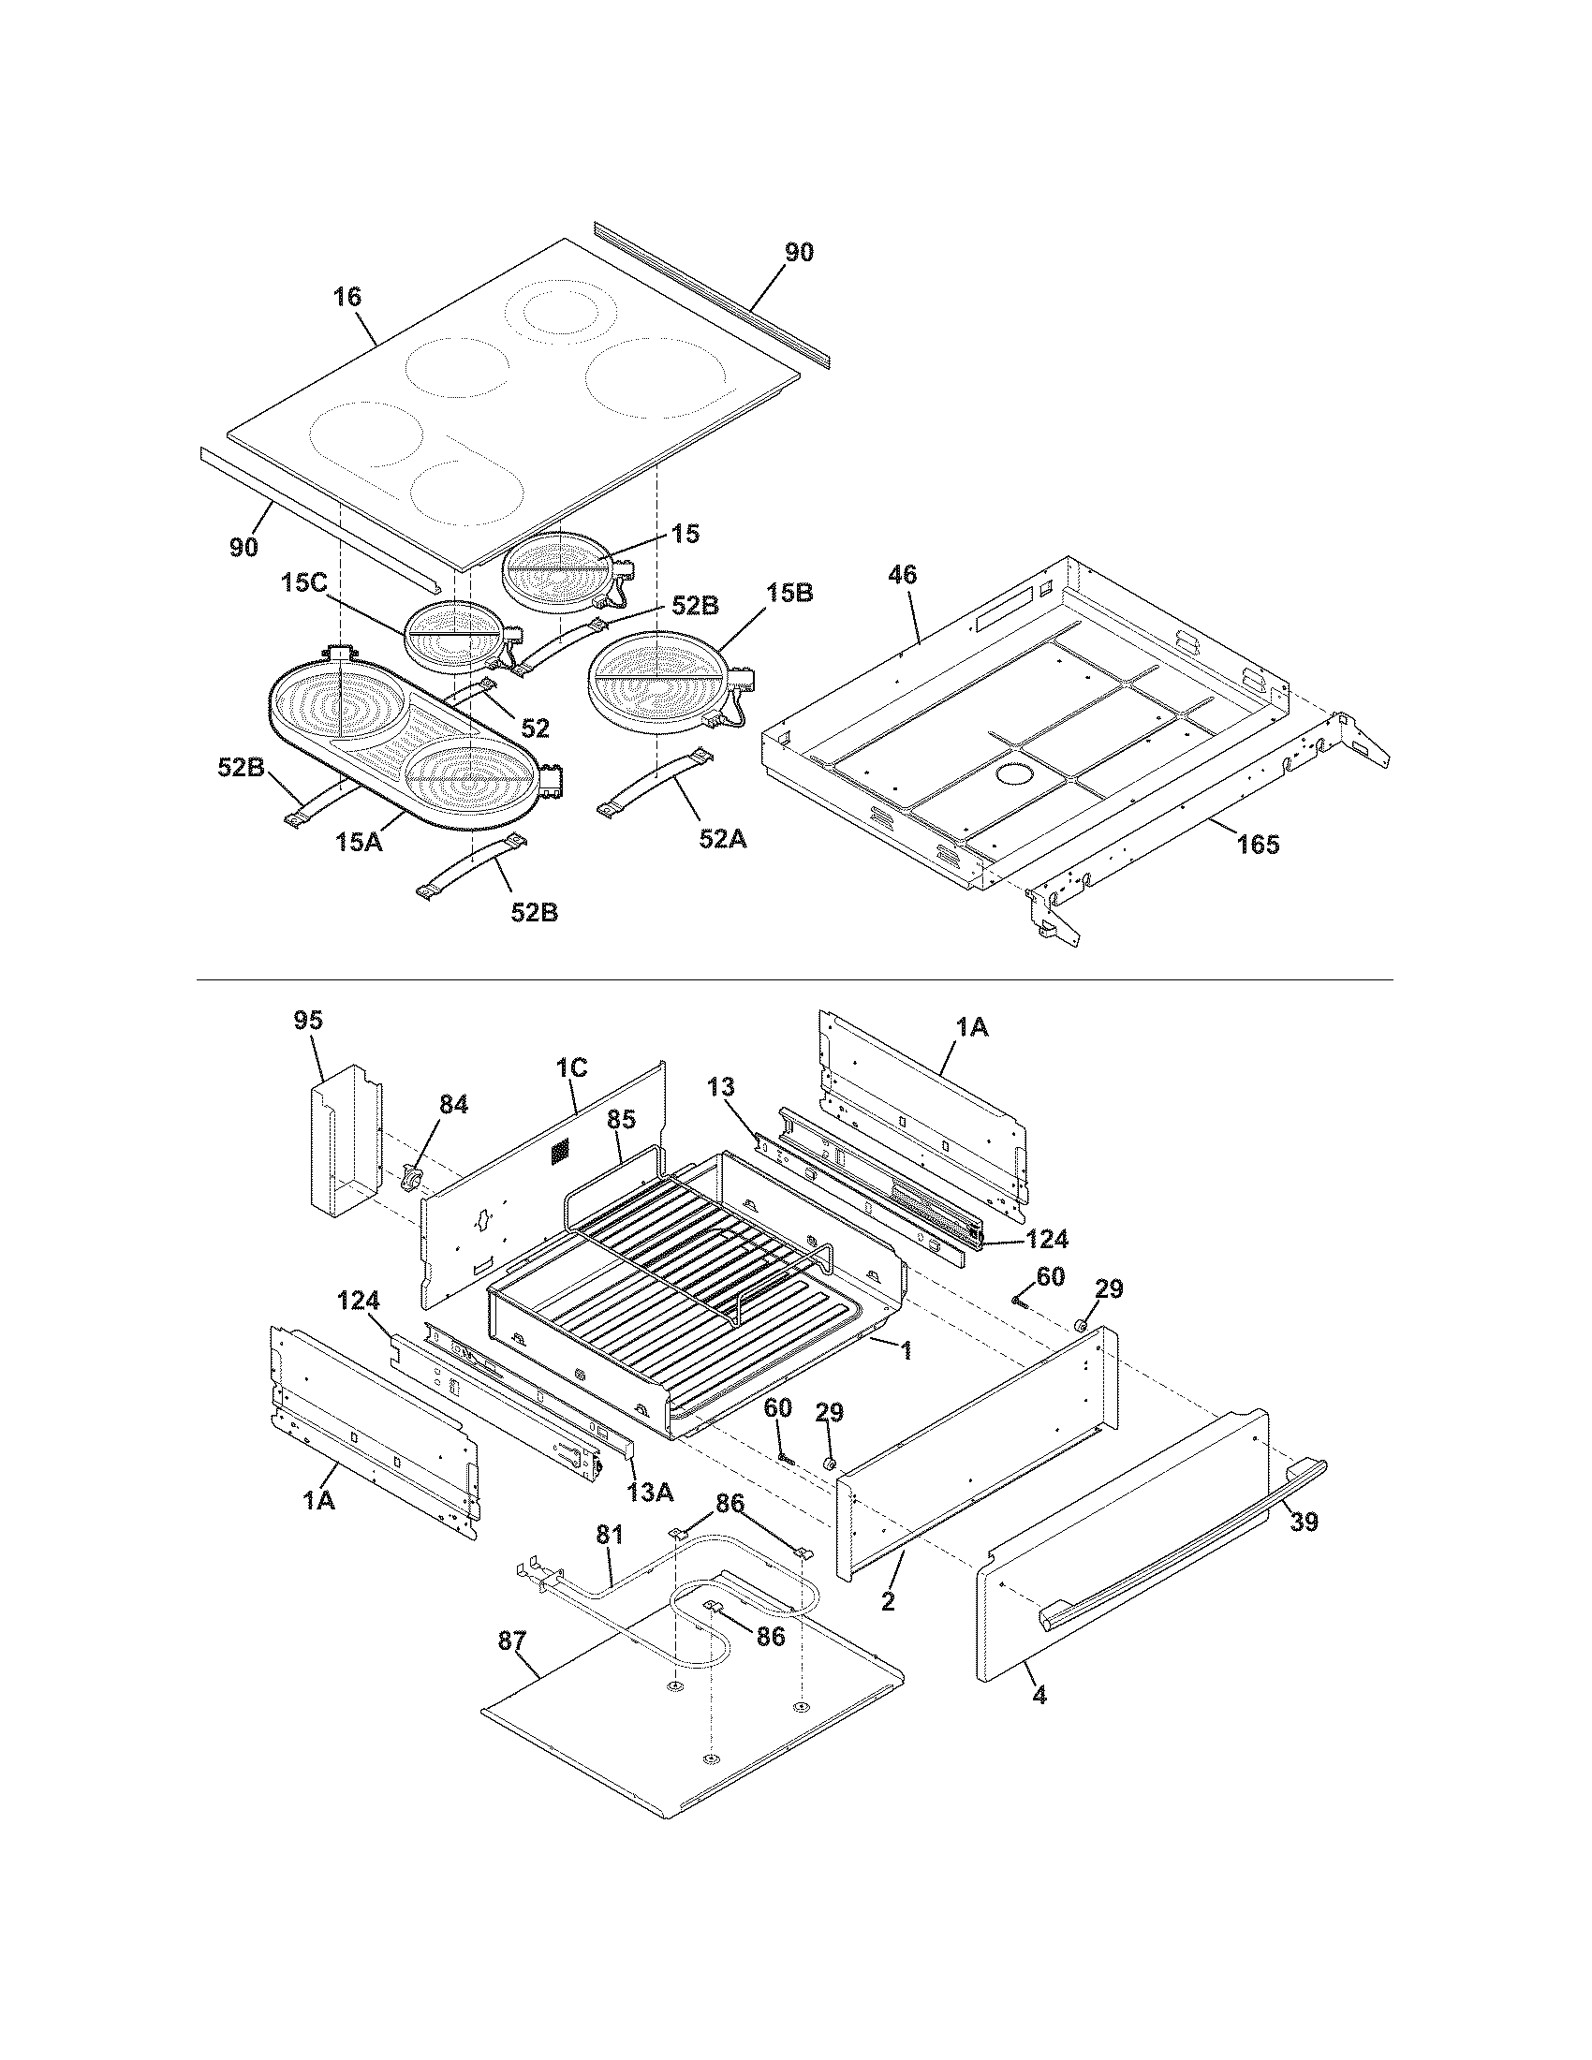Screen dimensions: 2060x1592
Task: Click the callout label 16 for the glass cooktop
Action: [347, 297]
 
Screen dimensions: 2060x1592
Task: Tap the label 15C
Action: [302, 583]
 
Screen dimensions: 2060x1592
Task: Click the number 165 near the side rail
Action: [1258, 846]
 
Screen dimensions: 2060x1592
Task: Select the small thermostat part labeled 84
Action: [412, 1177]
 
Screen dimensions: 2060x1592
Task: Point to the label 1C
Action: [571, 1067]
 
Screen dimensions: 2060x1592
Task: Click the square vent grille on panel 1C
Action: [560, 1150]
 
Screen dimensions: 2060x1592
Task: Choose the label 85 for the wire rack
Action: [621, 1120]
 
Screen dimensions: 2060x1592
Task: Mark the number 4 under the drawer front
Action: [1039, 1695]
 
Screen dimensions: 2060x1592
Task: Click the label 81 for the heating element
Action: [610, 1535]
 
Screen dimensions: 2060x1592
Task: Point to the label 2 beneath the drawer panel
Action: [888, 1600]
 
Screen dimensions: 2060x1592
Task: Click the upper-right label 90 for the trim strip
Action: [799, 253]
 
